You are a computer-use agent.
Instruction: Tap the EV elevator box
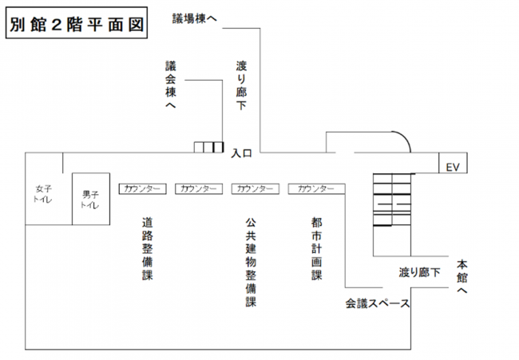pyautogui.click(x=454, y=166)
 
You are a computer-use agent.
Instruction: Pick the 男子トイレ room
pyautogui.click(x=89, y=199)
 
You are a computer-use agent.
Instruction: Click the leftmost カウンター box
pyautogui.click(x=142, y=188)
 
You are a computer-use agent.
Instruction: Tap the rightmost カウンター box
pyautogui.click(x=316, y=188)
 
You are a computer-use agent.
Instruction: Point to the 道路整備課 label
pyautogui.click(x=147, y=249)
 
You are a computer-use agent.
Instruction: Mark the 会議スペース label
pyautogui.click(x=377, y=303)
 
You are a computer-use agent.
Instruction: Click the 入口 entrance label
pyautogui.click(x=242, y=152)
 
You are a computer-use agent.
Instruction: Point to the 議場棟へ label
pyautogui.click(x=195, y=18)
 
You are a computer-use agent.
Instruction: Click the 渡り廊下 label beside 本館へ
pyautogui.click(x=419, y=272)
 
